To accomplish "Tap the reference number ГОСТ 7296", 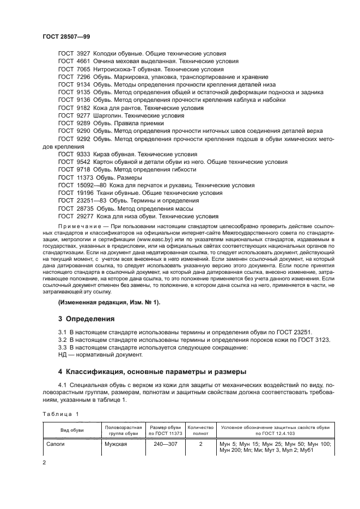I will click(x=74, y=77).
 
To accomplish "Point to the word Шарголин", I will click(x=108, y=115).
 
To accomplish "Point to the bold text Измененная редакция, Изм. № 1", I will click(x=109, y=302).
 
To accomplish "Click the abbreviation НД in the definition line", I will click(x=62, y=355).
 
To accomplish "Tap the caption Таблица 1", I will click(x=60, y=414).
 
